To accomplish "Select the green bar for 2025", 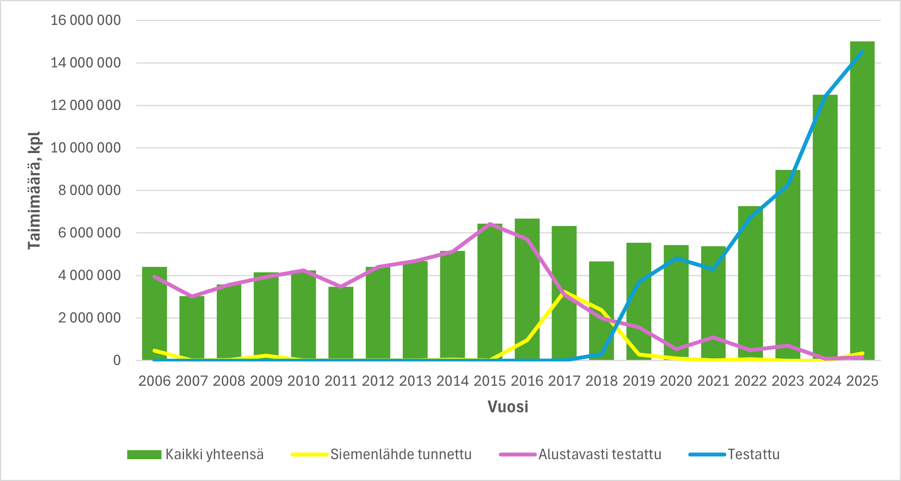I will coord(862,201).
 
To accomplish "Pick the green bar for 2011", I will coord(341,323).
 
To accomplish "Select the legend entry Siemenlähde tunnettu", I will coord(401,455).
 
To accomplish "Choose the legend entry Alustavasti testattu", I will coord(599,455).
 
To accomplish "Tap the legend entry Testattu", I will coord(754,455).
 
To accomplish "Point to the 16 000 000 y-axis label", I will coord(86,20).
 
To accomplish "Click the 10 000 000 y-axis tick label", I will coord(86,148).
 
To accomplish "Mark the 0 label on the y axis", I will coord(117,360).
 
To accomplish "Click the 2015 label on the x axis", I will coord(490,381).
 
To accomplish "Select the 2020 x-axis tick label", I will coord(676,381).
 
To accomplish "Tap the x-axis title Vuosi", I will coord(508,407).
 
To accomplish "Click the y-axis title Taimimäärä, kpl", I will coord(34,190).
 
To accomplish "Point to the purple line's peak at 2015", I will coord(490,224).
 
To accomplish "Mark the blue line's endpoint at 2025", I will coord(862,51).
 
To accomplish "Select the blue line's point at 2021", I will coord(713,269).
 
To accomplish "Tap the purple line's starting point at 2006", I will coord(155,277).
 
